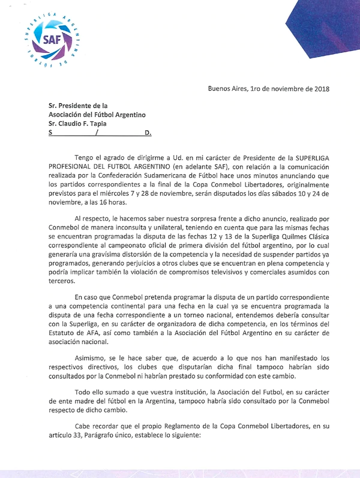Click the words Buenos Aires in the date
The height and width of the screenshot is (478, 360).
227,88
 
